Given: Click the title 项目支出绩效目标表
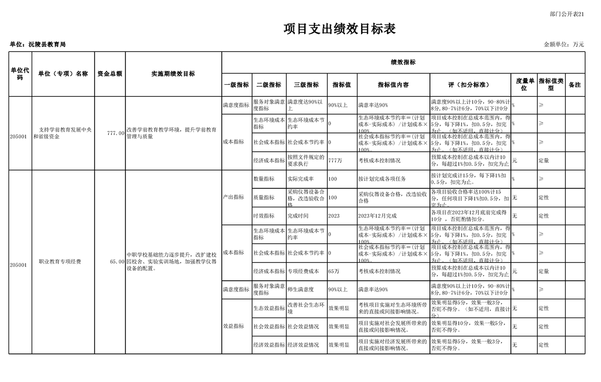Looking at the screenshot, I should point(339,29).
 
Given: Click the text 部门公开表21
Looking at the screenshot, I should point(566,14).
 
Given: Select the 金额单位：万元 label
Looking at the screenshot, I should point(564,44).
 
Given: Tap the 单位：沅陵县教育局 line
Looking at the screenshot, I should point(38,44).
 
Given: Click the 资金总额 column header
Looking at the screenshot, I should point(109,74).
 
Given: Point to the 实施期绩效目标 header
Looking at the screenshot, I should point(173,74).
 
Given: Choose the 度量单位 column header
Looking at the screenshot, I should point(524,85).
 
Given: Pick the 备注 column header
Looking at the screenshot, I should point(574,85).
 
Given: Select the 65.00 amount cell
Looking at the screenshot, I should point(117,262).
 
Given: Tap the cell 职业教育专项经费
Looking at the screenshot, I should point(60,262).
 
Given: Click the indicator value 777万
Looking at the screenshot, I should point(335,160).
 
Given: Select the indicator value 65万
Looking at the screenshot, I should point(334,271).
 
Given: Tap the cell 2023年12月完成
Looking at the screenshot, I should point(377,216).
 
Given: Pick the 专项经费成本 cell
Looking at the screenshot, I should point(303,271).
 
